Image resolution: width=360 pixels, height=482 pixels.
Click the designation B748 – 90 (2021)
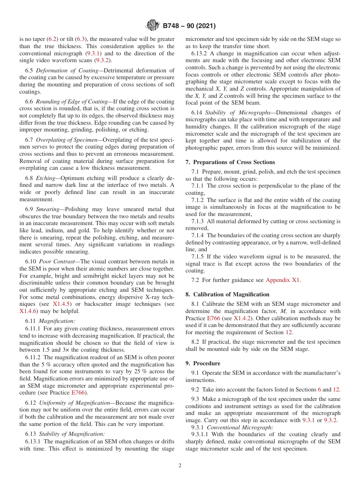coord(189,26)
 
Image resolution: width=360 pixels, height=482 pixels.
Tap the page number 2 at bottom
coord(180,466)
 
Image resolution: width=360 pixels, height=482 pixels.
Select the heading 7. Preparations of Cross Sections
coord(230,162)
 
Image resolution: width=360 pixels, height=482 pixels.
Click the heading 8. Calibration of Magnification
coord(227,294)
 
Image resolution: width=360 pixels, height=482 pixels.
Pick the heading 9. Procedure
coord(203,363)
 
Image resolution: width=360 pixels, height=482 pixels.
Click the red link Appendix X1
coord(283,280)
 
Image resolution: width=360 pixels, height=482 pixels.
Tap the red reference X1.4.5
coord(62,304)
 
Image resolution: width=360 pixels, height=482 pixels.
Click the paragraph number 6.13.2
coord(199,53)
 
